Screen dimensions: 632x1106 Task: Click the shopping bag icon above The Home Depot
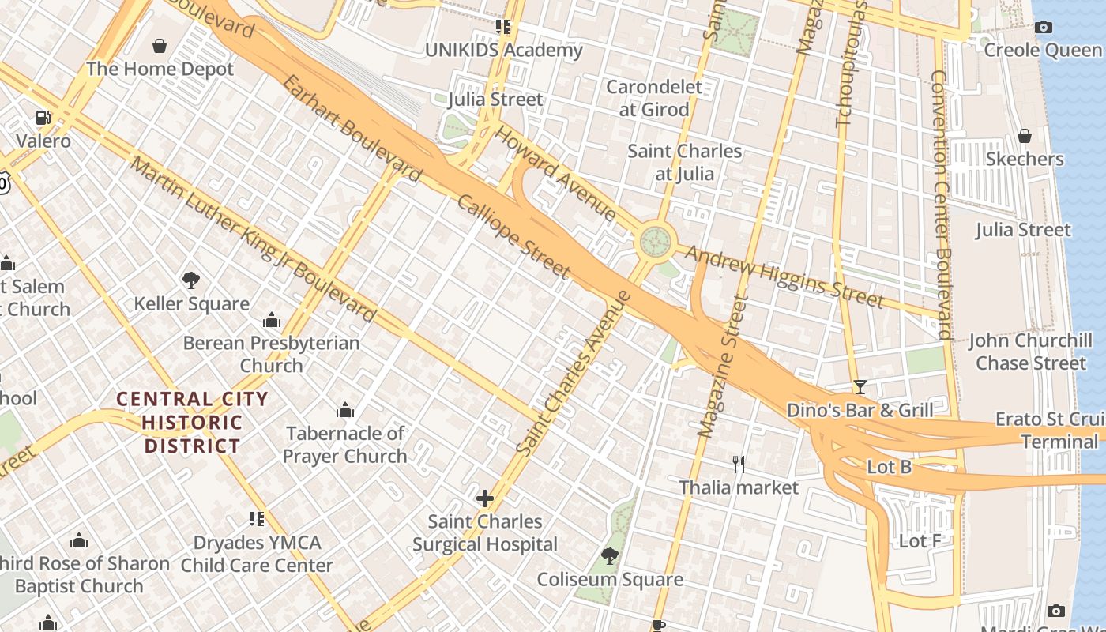click(160, 46)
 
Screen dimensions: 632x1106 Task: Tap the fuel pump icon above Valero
click(43, 118)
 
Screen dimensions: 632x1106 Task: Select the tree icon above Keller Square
click(190, 280)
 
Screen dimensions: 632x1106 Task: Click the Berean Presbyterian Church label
click(271, 354)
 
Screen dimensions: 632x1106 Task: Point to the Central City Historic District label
click(192, 422)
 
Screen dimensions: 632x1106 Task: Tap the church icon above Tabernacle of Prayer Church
click(345, 410)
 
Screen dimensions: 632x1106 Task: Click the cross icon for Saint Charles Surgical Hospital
click(485, 498)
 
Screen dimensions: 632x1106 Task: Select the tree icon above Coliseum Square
click(609, 556)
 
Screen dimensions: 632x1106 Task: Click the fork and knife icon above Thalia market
click(739, 464)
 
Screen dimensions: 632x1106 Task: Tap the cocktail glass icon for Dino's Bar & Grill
click(860, 387)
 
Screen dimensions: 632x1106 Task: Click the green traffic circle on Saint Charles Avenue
click(655, 242)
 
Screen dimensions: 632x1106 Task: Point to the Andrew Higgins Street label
click(784, 276)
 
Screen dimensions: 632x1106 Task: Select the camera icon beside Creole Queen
click(1043, 28)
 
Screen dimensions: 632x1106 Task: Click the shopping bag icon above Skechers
click(1025, 136)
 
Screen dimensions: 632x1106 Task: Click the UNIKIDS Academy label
click(503, 51)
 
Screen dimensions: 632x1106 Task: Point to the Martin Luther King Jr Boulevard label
click(253, 240)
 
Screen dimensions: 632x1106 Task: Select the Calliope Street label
click(513, 236)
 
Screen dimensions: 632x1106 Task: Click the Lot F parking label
click(920, 541)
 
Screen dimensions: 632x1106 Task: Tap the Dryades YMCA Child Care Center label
click(257, 554)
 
